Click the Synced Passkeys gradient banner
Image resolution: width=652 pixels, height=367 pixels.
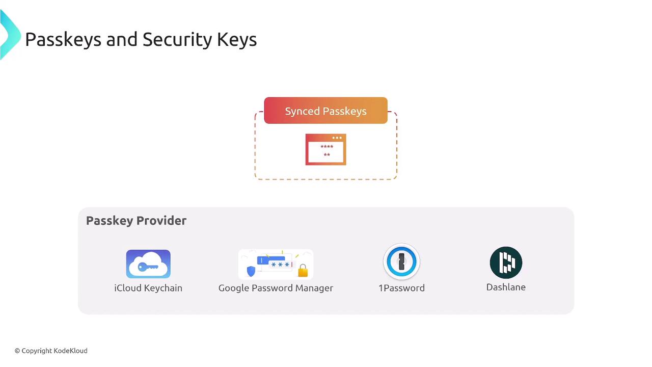click(x=325, y=111)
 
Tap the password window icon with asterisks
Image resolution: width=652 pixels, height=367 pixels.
click(x=325, y=149)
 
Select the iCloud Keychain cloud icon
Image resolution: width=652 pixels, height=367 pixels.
click(x=148, y=264)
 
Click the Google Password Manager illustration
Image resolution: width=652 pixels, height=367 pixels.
click(x=276, y=264)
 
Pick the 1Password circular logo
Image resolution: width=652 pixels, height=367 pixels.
click(x=401, y=261)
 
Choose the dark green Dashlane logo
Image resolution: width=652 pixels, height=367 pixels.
click(x=506, y=263)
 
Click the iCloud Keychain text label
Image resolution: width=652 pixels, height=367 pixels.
click(x=148, y=288)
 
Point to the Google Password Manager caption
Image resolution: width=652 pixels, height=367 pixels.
click(x=276, y=288)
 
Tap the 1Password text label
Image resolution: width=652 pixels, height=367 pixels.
click(x=401, y=288)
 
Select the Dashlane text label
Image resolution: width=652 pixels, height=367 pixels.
click(x=506, y=287)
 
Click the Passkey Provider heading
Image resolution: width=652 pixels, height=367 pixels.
click(x=136, y=221)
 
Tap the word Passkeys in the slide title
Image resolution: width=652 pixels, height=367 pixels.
click(x=63, y=40)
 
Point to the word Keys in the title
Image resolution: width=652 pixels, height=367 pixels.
click(x=237, y=40)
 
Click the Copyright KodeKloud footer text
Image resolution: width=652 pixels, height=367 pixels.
click(x=51, y=351)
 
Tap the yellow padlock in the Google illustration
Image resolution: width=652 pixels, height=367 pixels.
click(x=303, y=270)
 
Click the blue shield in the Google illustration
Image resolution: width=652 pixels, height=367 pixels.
click(x=251, y=271)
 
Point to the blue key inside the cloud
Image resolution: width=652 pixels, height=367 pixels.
click(x=148, y=267)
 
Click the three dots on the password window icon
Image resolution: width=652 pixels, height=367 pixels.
click(x=337, y=138)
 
